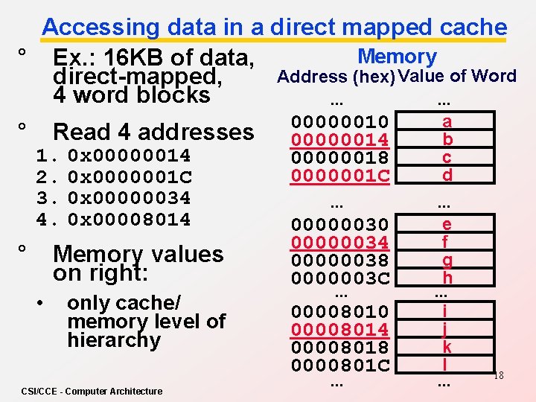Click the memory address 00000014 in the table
point(339,139)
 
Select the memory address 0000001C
point(339,175)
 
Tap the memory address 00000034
point(339,242)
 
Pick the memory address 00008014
point(339,329)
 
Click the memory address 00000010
point(339,121)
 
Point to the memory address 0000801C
point(339,365)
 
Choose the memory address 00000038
point(339,260)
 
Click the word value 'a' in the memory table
point(447,121)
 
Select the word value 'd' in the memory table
point(447,176)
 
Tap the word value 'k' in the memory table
point(447,347)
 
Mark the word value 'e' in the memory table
point(447,224)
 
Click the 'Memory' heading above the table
point(397,56)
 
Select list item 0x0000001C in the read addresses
point(129,177)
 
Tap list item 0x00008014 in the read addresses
point(129,220)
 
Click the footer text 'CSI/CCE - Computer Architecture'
point(92,392)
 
